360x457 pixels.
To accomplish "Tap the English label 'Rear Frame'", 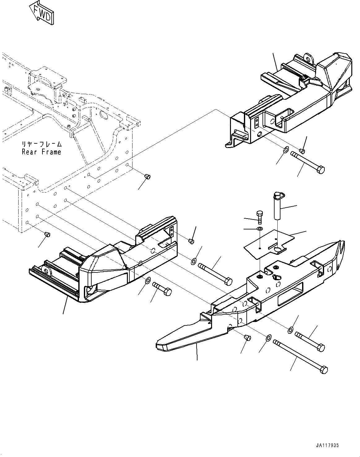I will [x=41, y=152].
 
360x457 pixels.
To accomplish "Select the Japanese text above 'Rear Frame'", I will [x=41, y=144].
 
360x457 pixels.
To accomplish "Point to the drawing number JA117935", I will [x=327, y=445].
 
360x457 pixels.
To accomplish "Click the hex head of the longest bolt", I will [x=324, y=370].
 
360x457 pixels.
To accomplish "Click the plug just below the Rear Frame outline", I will [x=147, y=177].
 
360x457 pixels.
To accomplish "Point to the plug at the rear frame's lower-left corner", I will [x=47, y=234].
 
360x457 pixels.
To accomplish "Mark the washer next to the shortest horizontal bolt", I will [x=148, y=281].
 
